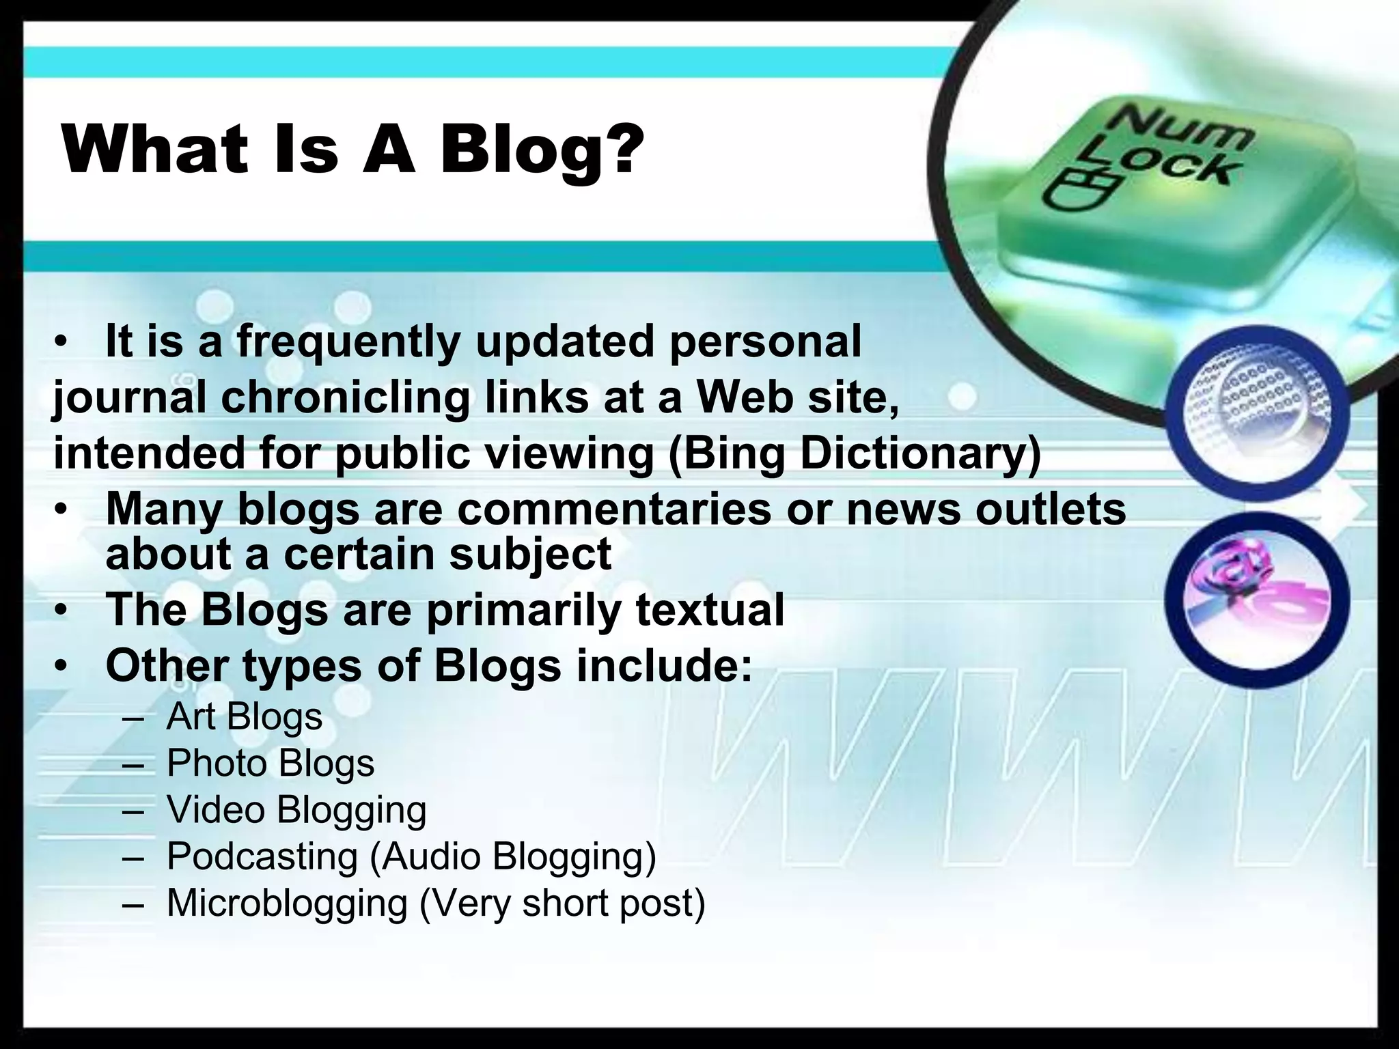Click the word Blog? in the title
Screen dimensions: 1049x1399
tap(542, 150)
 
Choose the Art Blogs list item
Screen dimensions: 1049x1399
tap(244, 716)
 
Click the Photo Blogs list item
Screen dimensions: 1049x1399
tap(271, 763)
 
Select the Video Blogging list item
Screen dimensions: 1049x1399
tap(296, 810)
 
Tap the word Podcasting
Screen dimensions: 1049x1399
tap(262, 856)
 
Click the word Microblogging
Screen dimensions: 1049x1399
tap(287, 903)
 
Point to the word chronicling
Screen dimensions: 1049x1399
tap(346, 397)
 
